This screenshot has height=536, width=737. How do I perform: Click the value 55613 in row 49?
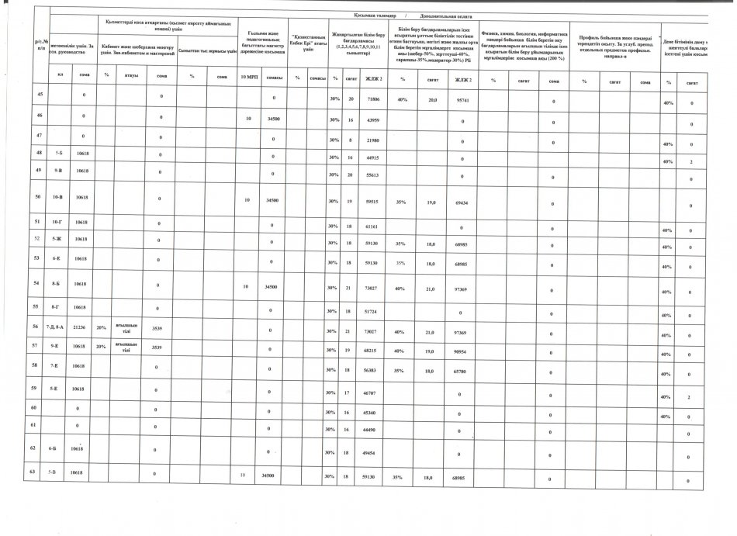coord(372,176)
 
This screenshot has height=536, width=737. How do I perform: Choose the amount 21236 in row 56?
coord(80,328)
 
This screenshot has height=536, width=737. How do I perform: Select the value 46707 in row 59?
coord(372,395)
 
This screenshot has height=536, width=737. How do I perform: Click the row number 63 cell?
coord(40,471)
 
